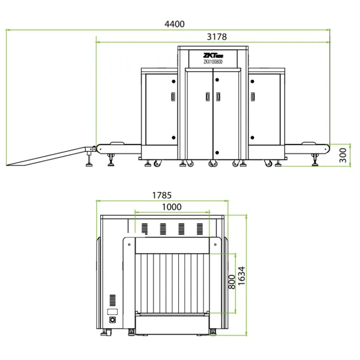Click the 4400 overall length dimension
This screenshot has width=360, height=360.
[175, 24]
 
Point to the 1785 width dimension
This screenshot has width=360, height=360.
[162, 195]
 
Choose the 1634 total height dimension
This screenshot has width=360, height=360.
[242, 277]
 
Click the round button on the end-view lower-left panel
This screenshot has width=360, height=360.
[112, 320]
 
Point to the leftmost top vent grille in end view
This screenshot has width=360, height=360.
[144, 229]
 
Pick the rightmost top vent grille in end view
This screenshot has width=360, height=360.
[200, 229]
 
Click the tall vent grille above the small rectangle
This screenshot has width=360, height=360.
[112, 300]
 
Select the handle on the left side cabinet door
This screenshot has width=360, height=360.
[173, 96]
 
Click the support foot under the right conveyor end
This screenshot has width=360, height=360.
[316, 160]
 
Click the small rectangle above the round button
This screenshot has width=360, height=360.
[112, 311]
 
